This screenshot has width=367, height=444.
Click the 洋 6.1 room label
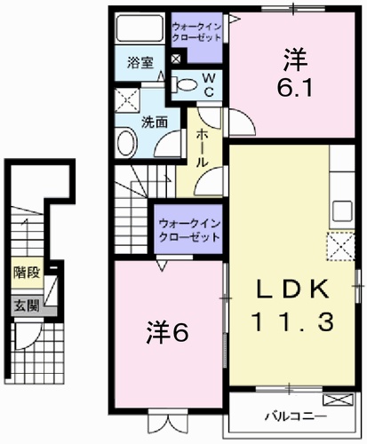[295, 74]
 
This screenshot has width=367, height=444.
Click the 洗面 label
[155, 122]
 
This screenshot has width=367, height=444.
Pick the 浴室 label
[138, 62]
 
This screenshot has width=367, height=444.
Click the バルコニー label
[294, 416]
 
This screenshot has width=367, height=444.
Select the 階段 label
[25, 273]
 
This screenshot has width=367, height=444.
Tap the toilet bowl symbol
[185, 85]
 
